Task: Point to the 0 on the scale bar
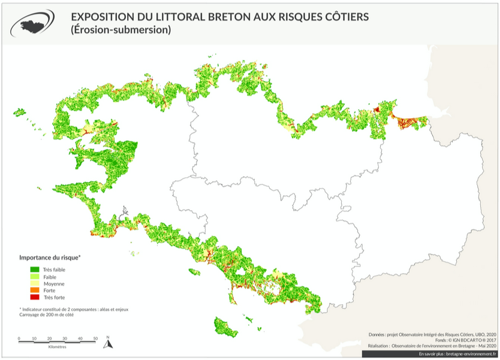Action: (19, 338)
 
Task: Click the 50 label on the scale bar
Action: (95, 338)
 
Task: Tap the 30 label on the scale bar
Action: (65, 338)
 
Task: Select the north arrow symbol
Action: (108, 343)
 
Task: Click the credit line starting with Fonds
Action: (459, 340)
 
